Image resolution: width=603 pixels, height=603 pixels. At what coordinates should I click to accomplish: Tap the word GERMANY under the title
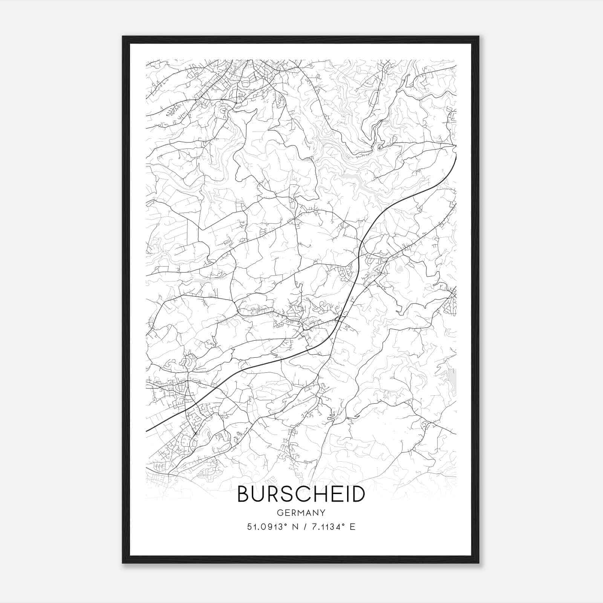[x=301, y=513]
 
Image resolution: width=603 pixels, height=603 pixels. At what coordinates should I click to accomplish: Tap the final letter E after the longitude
[x=352, y=527]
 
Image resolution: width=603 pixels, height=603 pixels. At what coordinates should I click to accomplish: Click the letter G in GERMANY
[x=279, y=513]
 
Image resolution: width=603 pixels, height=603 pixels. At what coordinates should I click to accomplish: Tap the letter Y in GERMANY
[x=323, y=513]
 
